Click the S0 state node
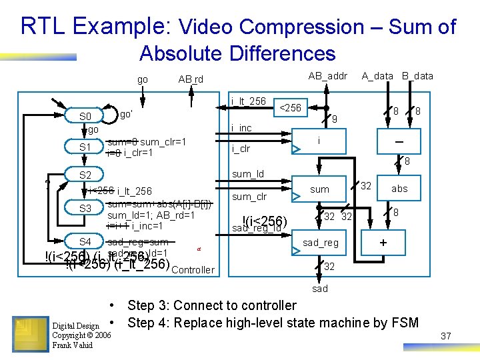click(86, 117)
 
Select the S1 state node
click(86, 147)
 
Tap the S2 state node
click(86, 175)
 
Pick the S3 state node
click(86, 209)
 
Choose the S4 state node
click(86, 241)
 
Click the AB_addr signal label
click(327, 76)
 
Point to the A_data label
click(377, 76)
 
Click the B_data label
click(417, 76)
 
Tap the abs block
click(399, 189)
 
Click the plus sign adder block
click(383, 243)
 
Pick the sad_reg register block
click(320, 243)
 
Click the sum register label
click(320, 189)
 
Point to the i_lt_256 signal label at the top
click(248, 101)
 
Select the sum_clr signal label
click(249, 197)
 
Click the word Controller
click(193, 270)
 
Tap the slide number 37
click(446, 336)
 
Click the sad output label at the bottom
click(321, 289)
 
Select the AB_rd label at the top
click(191, 79)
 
